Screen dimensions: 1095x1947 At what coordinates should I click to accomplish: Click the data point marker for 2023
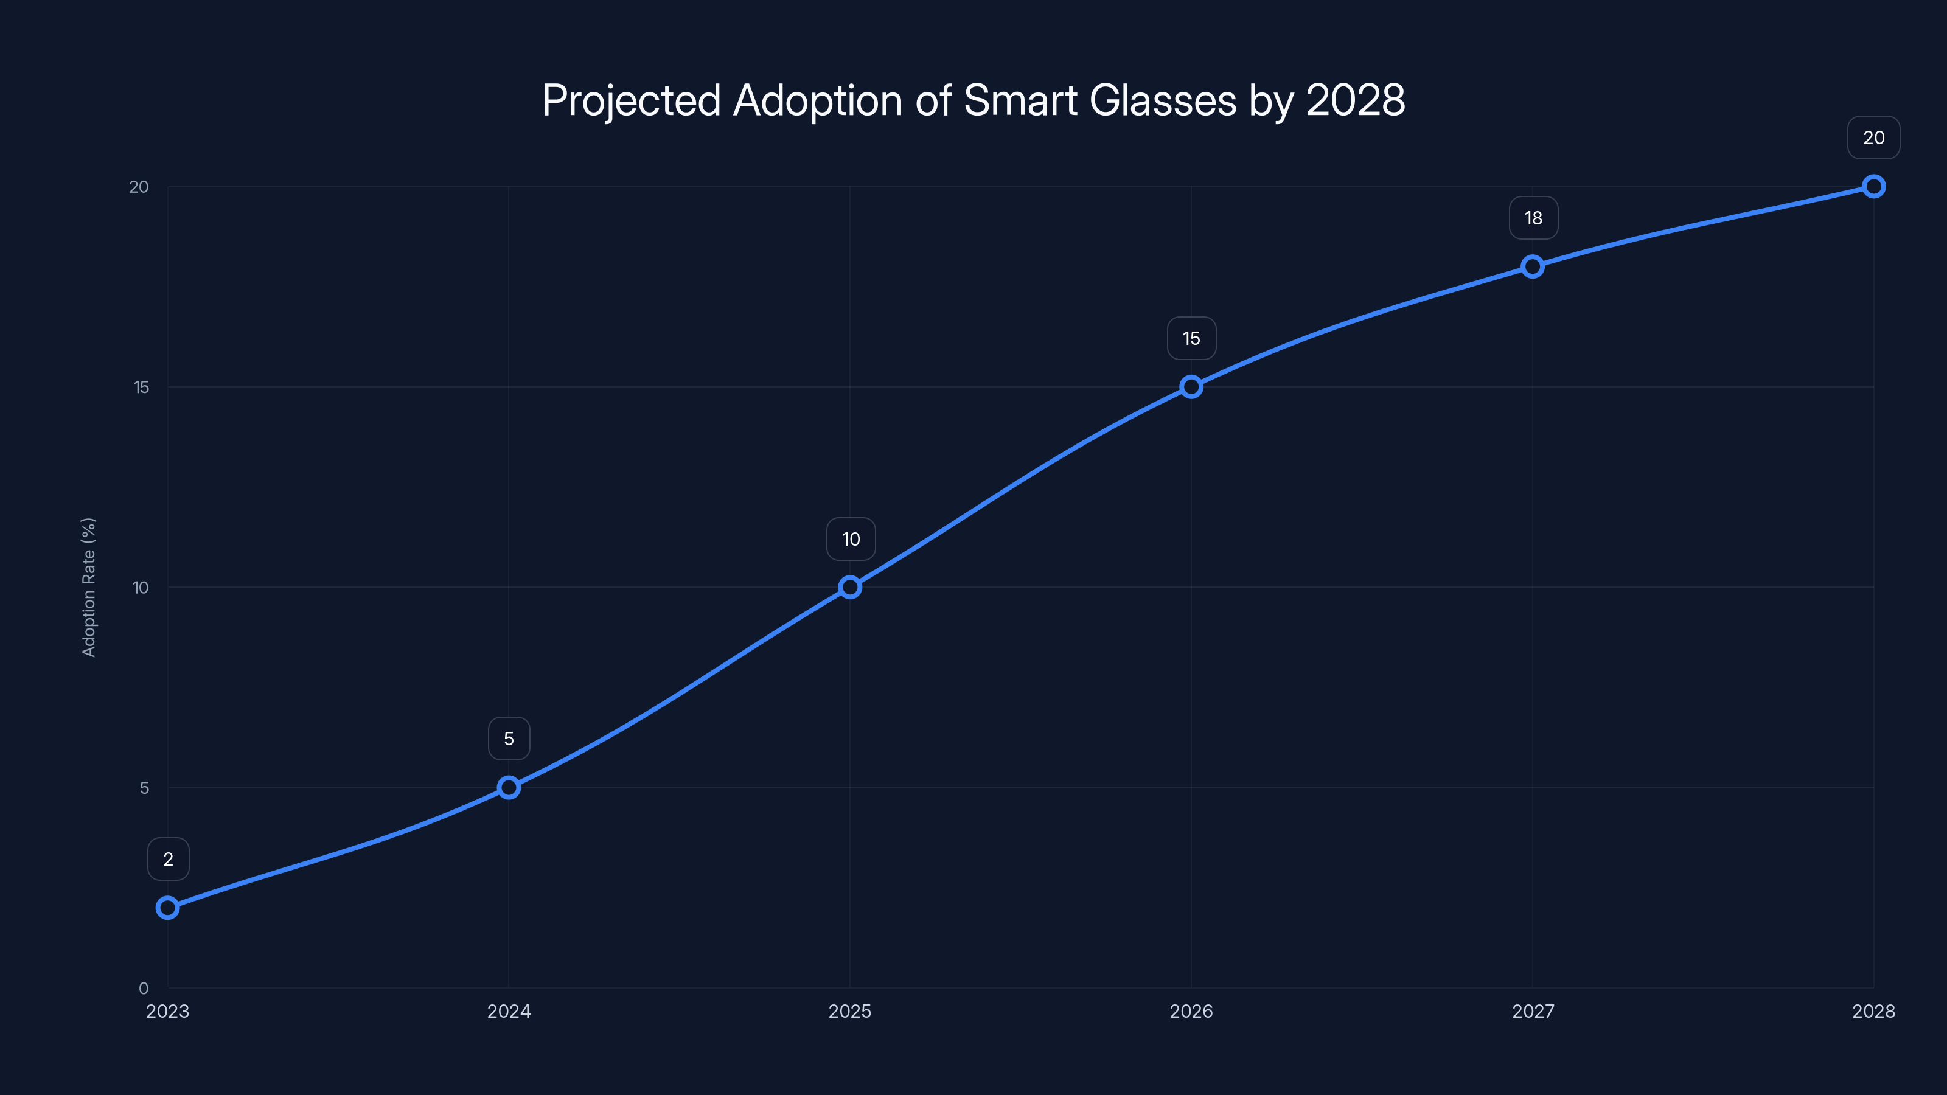[x=168, y=907]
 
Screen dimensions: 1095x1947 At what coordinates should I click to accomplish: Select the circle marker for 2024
[x=509, y=787]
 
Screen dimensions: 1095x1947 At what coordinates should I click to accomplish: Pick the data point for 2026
[x=1191, y=387]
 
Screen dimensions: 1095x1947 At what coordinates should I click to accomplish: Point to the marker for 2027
[x=1532, y=266]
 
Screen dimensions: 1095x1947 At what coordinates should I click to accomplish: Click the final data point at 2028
[x=1873, y=186]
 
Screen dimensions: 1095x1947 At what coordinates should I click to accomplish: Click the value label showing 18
[x=1533, y=218]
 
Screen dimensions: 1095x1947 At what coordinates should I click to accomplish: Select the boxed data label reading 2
[x=168, y=859]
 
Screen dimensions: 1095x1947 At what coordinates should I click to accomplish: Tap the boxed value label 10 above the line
[x=851, y=539]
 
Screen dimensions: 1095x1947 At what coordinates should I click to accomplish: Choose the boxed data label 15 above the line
[x=1191, y=339]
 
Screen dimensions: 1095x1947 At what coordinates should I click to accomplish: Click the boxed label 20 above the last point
[x=1873, y=137]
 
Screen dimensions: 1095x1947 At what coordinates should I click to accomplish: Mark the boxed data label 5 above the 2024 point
[x=509, y=739]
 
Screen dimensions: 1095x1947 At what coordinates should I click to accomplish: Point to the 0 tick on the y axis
[x=144, y=989]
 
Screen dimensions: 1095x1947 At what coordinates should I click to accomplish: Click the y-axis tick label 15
[x=141, y=387]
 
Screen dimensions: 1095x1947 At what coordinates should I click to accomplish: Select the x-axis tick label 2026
[x=1191, y=1011]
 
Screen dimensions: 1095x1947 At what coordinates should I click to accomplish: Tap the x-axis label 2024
[x=509, y=1011]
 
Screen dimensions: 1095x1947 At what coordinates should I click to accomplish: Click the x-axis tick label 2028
[x=1873, y=1011]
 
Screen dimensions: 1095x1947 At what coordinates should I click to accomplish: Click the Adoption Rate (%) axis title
[x=88, y=587]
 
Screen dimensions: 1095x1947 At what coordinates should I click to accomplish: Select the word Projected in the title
[x=631, y=101]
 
